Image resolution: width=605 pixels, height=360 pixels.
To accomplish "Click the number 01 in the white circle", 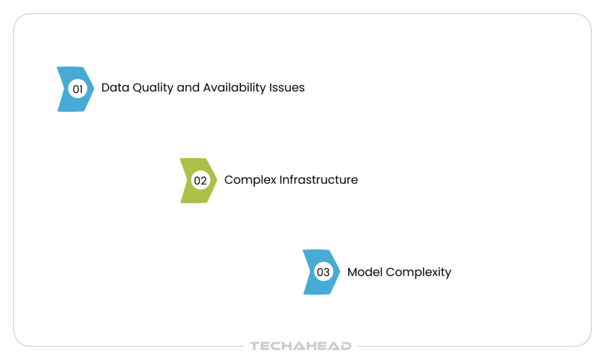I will pyautogui.click(x=77, y=89).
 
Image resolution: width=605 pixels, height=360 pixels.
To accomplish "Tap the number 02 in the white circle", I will pyautogui.click(x=200, y=181).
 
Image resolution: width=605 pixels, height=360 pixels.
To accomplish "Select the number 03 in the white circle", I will pyautogui.click(x=323, y=273).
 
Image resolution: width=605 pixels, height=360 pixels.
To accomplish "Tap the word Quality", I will pyautogui.click(x=153, y=88).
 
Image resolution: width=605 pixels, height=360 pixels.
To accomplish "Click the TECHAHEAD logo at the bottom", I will pyautogui.click(x=300, y=346).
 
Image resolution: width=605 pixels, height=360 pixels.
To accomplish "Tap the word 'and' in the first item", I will pyautogui.click(x=188, y=87).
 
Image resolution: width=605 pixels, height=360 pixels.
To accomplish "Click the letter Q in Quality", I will pyautogui.click(x=138, y=87).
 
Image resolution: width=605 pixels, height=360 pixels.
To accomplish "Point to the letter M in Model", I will pyautogui.click(x=353, y=272).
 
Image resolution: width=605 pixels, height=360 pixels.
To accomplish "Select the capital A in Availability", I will pyautogui.click(x=207, y=87).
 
